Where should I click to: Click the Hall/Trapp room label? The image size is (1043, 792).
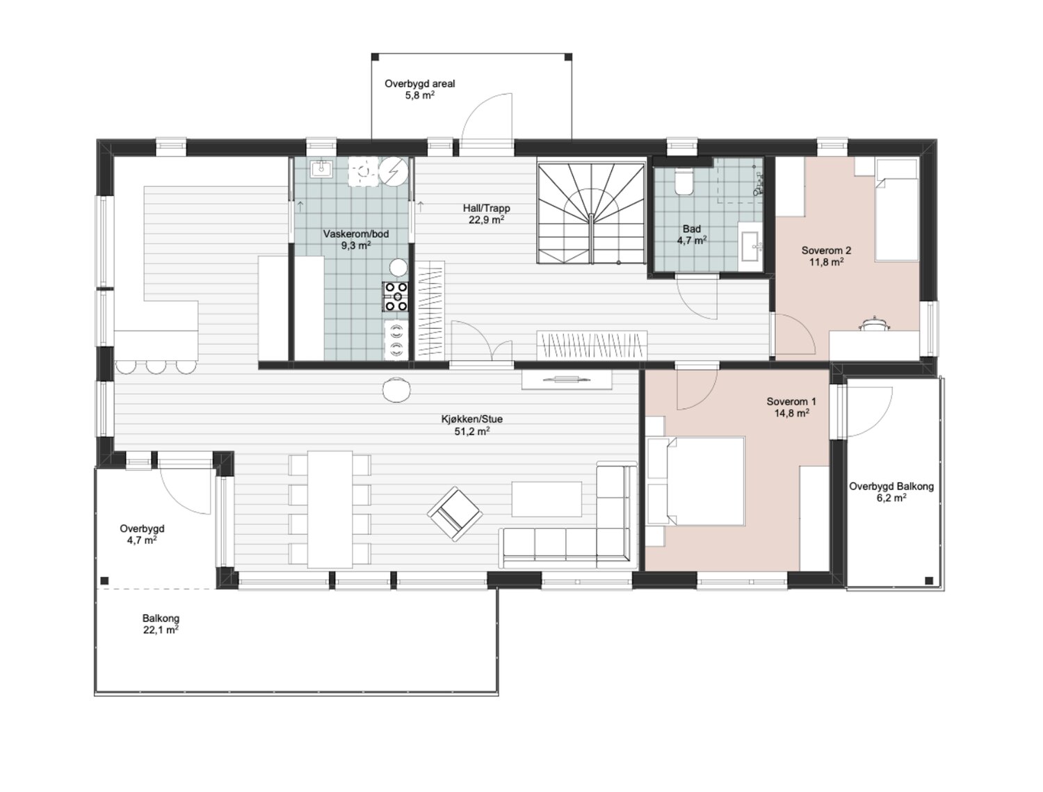point(486,208)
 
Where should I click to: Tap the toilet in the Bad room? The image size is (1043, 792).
point(684,182)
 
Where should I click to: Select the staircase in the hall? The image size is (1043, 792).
point(591,213)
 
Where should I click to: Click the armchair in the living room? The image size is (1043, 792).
point(455,514)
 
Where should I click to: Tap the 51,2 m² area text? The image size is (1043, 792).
point(472,431)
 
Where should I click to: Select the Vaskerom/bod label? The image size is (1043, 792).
point(356,234)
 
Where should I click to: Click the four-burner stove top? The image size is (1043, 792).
point(396,296)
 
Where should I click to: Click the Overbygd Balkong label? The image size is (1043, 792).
point(891,487)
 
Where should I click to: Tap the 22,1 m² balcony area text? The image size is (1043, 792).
point(161,630)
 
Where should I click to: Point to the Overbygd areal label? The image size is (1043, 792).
point(419,83)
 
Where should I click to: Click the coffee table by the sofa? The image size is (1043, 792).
point(547,499)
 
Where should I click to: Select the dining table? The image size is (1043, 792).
point(330,509)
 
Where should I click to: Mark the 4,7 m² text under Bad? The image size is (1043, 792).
point(692,241)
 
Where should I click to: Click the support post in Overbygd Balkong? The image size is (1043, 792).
point(929,581)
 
